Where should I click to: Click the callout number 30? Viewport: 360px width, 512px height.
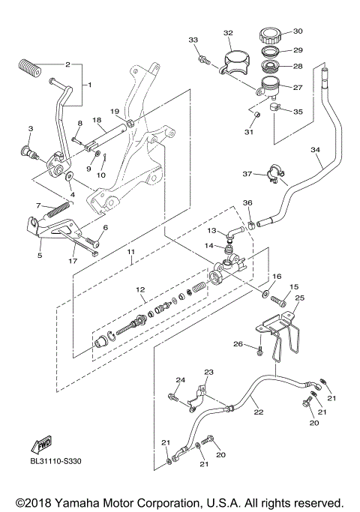coord(298,31)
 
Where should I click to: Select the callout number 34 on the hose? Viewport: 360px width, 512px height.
coord(316,150)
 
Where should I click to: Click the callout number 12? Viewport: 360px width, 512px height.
coord(139,289)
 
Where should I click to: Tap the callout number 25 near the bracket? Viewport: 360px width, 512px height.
coord(300,298)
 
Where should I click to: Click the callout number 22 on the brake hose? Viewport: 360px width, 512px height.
coord(257,412)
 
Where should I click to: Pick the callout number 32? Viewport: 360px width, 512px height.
coord(228,32)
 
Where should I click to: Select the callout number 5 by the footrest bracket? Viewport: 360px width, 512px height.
coord(40,255)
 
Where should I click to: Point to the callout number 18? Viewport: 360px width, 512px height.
coord(96,119)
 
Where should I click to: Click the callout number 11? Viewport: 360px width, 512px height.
coord(132,251)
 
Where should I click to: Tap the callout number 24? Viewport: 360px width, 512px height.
coord(180,379)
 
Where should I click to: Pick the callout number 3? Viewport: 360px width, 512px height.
coord(30,129)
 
